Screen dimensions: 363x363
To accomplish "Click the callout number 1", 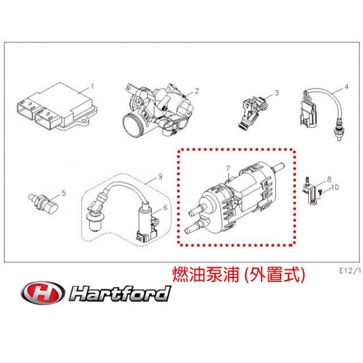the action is point(92,87).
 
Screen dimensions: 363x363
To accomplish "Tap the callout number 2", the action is point(197,91).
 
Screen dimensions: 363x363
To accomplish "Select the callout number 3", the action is point(277,93).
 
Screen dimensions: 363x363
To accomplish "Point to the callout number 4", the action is point(347,87).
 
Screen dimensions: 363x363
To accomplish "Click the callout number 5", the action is point(64,193).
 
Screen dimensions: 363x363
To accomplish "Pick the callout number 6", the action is point(165,208).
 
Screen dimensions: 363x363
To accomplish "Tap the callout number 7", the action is point(228,168).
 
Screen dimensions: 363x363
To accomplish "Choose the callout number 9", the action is point(160,176).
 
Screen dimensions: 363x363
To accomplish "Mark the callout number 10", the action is point(335,187).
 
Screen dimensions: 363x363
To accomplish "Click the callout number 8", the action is point(329,179).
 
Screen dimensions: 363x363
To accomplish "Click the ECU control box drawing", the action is point(57,107).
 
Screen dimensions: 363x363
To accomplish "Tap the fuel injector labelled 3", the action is point(253,113).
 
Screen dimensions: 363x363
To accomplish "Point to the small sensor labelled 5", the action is point(43,204).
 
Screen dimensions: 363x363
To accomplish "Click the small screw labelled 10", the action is point(320,191).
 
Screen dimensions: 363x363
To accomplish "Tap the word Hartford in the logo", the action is point(120,293).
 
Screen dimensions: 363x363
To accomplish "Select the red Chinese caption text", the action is point(239,275).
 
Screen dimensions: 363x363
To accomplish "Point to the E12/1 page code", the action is point(350,271).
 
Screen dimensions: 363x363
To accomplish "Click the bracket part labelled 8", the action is point(310,191).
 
